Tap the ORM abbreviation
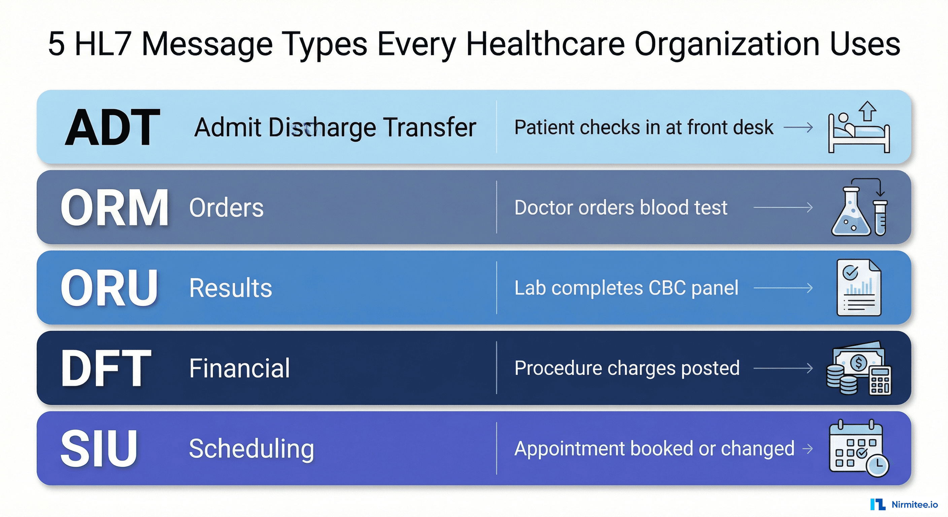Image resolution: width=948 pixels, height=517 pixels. pyautogui.click(x=114, y=208)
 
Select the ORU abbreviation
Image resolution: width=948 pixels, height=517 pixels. pyautogui.click(x=109, y=288)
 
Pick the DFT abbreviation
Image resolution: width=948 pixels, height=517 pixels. pyautogui.click(x=106, y=368)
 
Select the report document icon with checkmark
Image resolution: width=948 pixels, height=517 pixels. pyautogui.click(x=858, y=288)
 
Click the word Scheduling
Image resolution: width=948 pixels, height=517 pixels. pyautogui.click(x=251, y=449)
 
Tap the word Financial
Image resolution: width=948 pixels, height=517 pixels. pyautogui.click(x=240, y=368)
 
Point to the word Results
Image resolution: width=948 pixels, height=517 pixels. pyautogui.click(x=231, y=288)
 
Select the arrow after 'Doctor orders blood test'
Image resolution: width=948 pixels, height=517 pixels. pyautogui.click(x=783, y=208)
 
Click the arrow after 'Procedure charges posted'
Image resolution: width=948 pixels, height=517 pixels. pyautogui.click(x=783, y=368)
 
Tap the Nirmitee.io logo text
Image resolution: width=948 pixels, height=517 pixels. pyautogui.click(x=915, y=505)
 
